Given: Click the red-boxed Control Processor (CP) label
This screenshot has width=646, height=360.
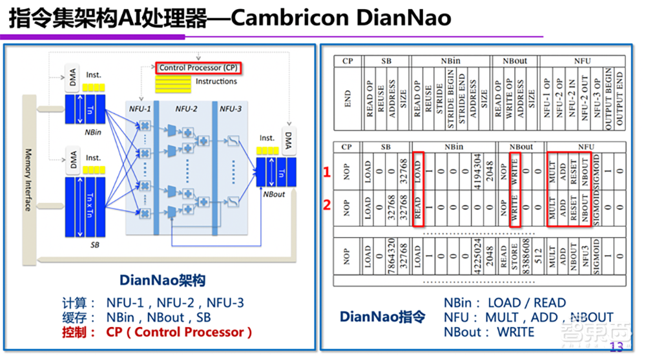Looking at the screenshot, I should pyautogui.click(x=198, y=67).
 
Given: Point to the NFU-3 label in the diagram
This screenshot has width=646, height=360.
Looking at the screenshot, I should pyautogui.click(x=230, y=109).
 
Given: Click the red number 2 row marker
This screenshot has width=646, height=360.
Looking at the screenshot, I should pyautogui.click(x=327, y=206).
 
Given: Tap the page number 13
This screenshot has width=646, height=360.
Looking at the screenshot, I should pyautogui.click(x=616, y=347).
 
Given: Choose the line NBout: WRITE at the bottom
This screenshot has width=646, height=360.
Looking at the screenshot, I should pyautogui.click(x=489, y=332).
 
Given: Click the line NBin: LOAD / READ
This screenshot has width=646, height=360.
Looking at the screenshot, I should pyautogui.click(x=505, y=302).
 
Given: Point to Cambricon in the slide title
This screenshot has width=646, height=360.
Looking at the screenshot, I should pyautogui.click(x=291, y=18).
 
